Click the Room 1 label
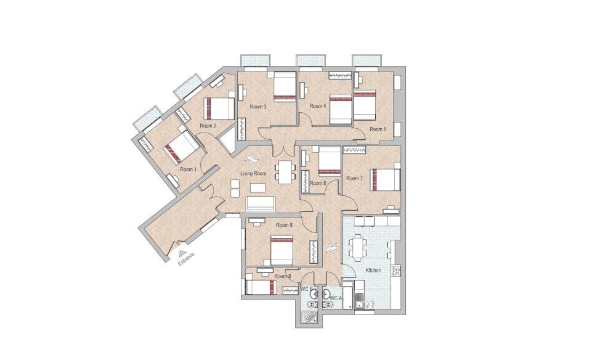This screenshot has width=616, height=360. tap(187, 168)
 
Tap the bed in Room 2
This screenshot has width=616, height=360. tap(220, 108)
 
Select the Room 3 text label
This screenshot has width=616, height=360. tap(257, 107)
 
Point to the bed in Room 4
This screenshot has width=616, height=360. tap(339, 109)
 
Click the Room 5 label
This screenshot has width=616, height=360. tap(378, 129)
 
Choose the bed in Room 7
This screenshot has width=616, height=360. tap(386, 179)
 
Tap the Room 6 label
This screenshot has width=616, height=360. tap(317, 183)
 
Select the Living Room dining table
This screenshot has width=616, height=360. tap(285, 171)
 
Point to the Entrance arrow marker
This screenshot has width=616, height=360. tap(181, 252)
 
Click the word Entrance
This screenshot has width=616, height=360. tap(187, 258)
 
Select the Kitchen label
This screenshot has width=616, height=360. tap(374, 271)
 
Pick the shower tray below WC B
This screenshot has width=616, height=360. tap(308, 316)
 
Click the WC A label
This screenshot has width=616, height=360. tap(336, 298)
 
